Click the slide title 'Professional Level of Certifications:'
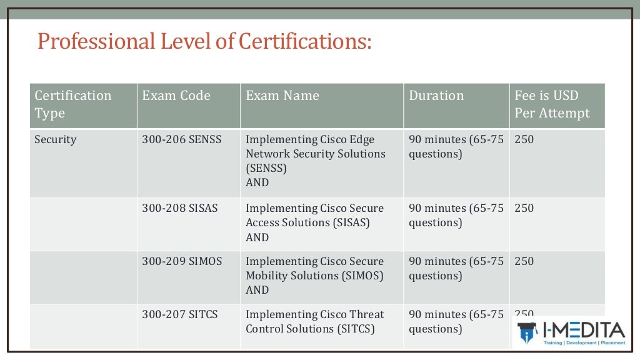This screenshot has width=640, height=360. click(x=204, y=41)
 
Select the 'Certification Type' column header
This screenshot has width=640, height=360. click(x=73, y=104)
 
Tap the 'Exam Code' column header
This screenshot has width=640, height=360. click(x=176, y=96)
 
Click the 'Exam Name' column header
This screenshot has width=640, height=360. click(x=282, y=96)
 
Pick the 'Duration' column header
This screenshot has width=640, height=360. click(x=436, y=96)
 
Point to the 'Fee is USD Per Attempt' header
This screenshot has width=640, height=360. click(x=552, y=104)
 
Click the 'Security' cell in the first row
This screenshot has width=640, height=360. click(x=56, y=139)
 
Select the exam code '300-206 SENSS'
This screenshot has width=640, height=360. click(x=182, y=139)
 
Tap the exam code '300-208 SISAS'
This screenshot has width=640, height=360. click(x=180, y=208)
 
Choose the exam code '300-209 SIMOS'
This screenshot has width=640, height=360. click(x=182, y=261)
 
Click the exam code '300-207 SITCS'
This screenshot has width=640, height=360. click(x=180, y=314)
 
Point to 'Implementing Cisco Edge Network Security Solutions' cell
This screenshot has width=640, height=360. click(x=316, y=154)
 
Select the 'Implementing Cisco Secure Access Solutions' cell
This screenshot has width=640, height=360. click(x=314, y=215)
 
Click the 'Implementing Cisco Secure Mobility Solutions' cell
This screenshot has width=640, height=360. click(x=314, y=268)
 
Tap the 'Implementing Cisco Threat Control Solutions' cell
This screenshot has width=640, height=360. click(x=314, y=321)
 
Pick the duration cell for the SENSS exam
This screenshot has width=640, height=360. click(x=456, y=146)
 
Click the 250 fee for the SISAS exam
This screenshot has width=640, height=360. click(x=524, y=208)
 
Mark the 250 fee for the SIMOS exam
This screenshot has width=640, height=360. click(x=524, y=261)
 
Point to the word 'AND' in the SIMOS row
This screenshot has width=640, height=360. click(x=257, y=290)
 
